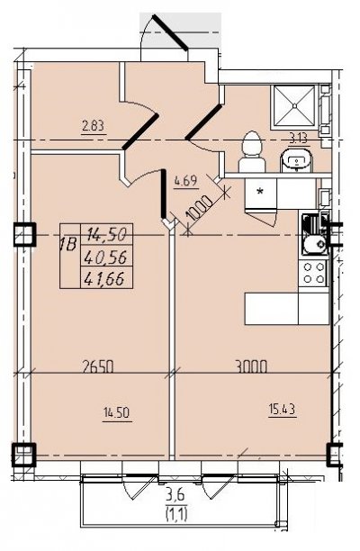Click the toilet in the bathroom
(251, 152)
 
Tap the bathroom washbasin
(296, 160)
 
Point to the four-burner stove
(313, 274)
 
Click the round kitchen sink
(314, 243)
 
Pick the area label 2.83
(93, 127)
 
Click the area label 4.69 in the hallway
(185, 182)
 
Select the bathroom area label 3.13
(299, 140)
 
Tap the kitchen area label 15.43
(282, 410)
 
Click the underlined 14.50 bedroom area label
(117, 413)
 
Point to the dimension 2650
(97, 366)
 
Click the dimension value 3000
(251, 366)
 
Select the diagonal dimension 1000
(199, 209)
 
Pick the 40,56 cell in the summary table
(106, 257)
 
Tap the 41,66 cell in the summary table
(106, 278)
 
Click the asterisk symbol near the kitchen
(260, 192)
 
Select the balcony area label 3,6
(176, 498)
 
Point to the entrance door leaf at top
(169, 32)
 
